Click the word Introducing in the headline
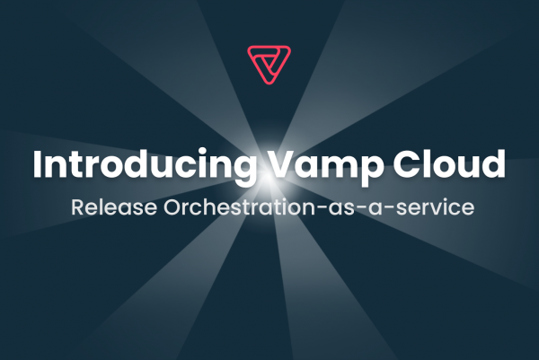coord(145,164)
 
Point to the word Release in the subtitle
coord(114,207)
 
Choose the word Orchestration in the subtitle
coord(239,206)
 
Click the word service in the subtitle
coord(436,207)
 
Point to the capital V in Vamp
coord(281,164)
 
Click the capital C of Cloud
coord(407,164)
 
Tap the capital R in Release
coord(78,207)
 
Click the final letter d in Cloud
coord(493,163)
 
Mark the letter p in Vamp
coord(372,170)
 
